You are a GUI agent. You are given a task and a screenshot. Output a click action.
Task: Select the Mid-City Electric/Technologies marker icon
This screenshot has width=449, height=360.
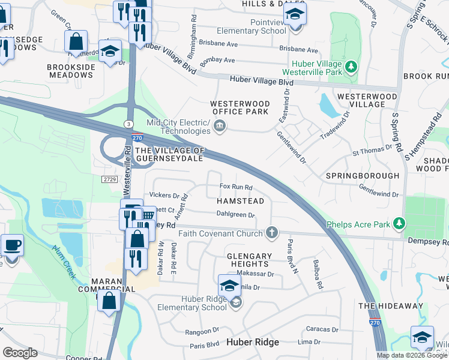tap(220, 125)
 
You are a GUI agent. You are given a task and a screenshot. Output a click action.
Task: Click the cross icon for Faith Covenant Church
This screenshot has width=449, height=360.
tap(272, 232)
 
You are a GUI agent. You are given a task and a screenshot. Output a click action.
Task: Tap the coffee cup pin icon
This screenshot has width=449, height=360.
tap(12, 246)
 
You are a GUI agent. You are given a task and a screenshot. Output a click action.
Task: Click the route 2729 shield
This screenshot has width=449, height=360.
tap(109, 179)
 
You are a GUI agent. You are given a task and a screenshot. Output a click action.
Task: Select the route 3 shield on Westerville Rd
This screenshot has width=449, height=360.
tap(128, 124)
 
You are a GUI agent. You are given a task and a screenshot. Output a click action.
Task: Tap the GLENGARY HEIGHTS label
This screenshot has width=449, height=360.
tap(248, 259)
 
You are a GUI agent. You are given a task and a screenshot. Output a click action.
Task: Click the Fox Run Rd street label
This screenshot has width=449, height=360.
tap(236, 188)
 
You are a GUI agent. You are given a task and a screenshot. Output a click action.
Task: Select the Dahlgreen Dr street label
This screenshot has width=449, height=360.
tap(235, 214)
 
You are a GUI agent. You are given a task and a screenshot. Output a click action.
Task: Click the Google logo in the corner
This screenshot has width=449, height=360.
tap(19, 353)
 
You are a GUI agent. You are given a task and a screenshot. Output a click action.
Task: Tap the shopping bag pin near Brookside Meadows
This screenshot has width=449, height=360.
tap(76, 42)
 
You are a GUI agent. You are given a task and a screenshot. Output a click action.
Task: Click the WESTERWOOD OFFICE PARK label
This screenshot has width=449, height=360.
tap(239, 107)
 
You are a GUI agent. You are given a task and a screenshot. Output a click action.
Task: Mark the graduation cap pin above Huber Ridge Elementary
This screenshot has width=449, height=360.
tap(229, 286)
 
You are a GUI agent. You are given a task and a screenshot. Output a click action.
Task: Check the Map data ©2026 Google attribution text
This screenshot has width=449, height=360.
tap(412, 355)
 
